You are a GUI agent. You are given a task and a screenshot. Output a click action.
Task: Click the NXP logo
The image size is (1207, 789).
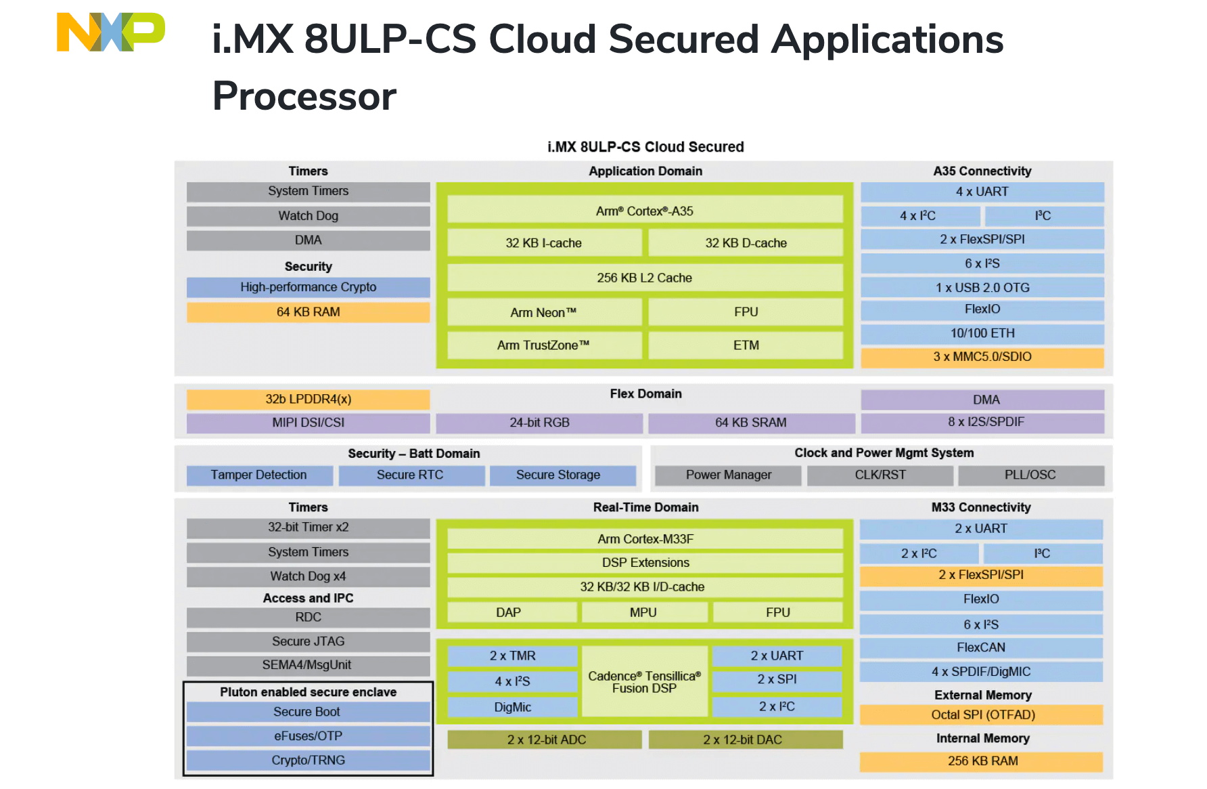pos(110,32)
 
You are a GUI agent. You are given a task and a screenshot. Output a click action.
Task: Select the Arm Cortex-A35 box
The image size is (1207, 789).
pos(644,211)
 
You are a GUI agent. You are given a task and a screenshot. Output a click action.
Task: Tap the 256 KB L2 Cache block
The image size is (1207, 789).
pos(644,278)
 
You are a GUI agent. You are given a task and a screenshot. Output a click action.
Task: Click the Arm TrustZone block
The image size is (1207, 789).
pos(543,345)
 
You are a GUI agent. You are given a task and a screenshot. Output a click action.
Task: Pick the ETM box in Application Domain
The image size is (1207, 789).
pos(746,345)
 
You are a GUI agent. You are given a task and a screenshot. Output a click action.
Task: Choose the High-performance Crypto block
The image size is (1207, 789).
pos(308,287)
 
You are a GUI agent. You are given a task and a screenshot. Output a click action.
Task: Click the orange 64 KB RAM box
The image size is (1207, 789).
pos(308,312)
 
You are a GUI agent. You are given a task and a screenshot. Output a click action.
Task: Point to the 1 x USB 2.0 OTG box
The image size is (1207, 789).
pos(982,287)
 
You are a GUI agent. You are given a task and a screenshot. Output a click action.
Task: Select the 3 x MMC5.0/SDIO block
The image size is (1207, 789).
pos(982,357)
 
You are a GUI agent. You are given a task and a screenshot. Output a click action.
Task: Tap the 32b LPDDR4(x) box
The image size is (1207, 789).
pos(308,399)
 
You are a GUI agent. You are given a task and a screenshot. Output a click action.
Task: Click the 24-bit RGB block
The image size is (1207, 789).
pos(539,423)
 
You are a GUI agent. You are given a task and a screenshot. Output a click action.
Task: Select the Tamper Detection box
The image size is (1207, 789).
pos(258,475)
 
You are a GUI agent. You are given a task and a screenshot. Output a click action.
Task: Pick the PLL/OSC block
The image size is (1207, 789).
pos(1030,475)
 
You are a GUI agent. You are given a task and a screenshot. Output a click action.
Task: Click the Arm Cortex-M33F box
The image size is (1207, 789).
pos(644,539)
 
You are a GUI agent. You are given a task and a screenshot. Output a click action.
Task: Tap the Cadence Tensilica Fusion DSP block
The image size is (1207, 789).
pos(644,682)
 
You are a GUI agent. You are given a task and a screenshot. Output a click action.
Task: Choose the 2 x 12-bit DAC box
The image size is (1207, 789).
pos(745,740)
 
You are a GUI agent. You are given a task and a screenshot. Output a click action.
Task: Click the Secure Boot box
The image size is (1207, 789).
pos(308,712)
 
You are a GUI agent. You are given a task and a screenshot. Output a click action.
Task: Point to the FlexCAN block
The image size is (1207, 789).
pos(980,647)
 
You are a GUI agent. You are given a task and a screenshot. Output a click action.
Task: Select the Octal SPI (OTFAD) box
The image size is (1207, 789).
pos(982,715)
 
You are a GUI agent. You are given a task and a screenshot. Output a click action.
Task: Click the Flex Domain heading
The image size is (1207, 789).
pos(645,394)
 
